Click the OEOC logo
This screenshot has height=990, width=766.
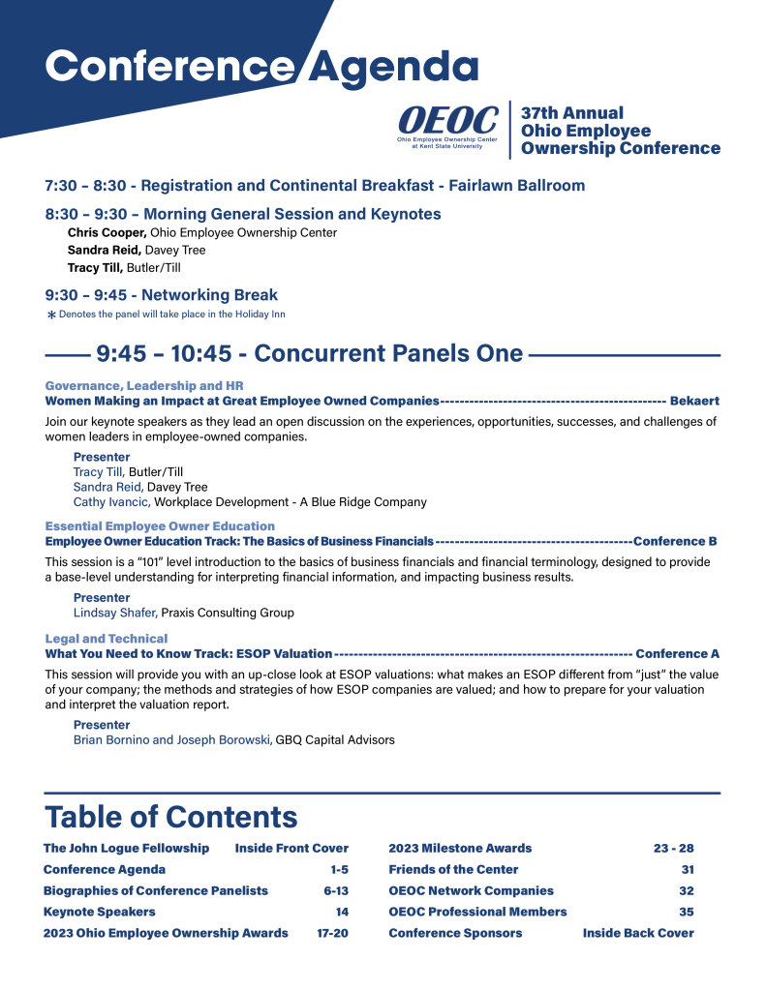(x=448, y=125)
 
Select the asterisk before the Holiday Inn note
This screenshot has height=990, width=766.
(x=51, y=315)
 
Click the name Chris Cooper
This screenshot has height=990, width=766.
(x=107, y=232)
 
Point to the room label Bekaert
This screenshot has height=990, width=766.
(x=694, y=400)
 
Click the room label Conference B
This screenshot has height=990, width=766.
(x=675, y=541)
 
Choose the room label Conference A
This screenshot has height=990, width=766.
(x=677, y=653)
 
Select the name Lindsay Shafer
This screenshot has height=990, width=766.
(x=114, y=613)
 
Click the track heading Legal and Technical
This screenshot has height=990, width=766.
(x=107, y=639)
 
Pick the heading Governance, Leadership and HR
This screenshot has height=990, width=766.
(x=144, y=385)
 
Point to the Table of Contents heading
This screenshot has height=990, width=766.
(x=170, y=817)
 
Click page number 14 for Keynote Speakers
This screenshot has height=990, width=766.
(x=342, y=912)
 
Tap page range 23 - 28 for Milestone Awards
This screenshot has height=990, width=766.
(x=673, y=848)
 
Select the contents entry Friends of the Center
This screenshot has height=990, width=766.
(x=453, y=869)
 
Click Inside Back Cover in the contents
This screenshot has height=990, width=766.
(x=638, y=933)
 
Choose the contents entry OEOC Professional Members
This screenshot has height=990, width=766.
(x=477, y=912)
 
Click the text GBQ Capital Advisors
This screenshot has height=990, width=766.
(x=335, y=740)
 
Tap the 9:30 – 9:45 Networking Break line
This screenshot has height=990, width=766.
(x=161, y=295)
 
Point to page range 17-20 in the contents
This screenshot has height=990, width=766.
(x=332, y=933)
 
